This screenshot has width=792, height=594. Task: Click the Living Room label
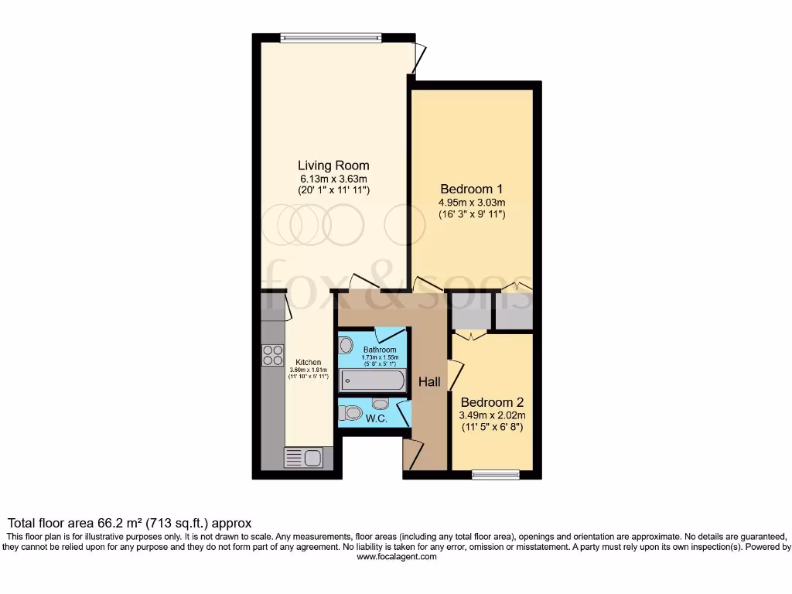[333, 166]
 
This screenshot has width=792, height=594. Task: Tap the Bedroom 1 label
[472, 189]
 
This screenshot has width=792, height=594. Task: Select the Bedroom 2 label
[492, 402]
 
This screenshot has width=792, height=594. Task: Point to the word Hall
[429, 382]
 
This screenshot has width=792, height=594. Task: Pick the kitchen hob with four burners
[273, 355]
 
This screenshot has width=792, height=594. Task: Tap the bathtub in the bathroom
[373, 381]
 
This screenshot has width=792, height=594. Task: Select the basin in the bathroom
[346, 345]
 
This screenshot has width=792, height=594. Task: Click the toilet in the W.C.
[351, 413]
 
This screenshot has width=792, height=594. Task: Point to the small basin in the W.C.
[380, 403]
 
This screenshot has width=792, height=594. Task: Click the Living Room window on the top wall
[330, 36]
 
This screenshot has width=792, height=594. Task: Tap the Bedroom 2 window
[495, 474]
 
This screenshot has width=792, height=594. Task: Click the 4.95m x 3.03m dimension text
[472, 203]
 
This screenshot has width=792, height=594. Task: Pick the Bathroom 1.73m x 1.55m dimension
[380, 358]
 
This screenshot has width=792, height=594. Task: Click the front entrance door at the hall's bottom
[412, 453]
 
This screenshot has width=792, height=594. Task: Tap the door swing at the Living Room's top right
[418, 58]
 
